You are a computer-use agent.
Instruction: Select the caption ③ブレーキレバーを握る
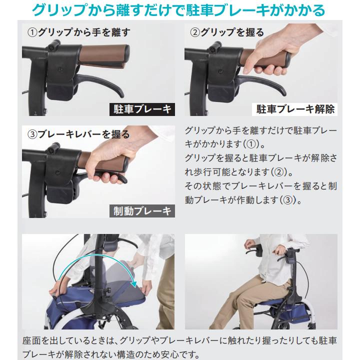point(78,134)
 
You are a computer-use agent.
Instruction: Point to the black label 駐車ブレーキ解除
point(295,108)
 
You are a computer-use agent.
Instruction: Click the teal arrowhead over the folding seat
point(134,284)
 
